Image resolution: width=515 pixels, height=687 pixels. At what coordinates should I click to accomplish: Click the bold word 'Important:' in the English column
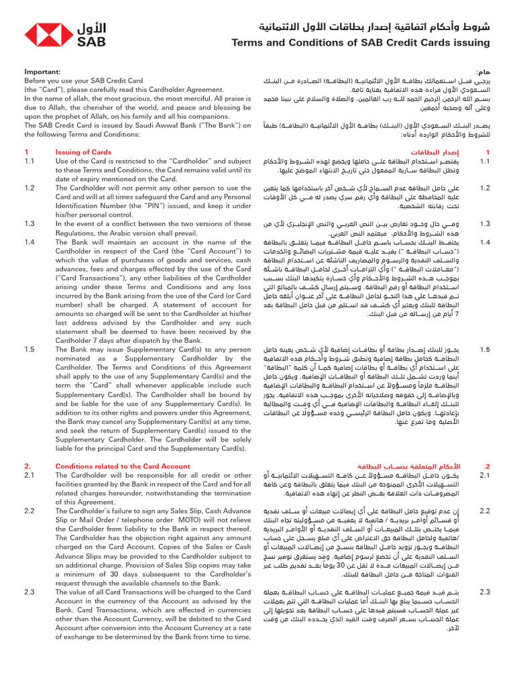pos(43,71)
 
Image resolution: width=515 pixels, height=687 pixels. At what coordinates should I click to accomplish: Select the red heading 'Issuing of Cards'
pos(83,152)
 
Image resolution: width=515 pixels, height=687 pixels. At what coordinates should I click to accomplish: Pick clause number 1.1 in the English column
pos(30,161)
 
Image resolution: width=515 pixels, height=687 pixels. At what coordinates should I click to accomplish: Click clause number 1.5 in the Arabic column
pos(485,350)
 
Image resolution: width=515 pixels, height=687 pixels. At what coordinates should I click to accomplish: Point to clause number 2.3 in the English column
pos(30,592)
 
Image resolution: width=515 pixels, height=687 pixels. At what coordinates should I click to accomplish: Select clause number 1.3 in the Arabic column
pos(485,223)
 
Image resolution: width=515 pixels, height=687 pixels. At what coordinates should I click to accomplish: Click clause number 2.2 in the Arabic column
pos(485,511)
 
